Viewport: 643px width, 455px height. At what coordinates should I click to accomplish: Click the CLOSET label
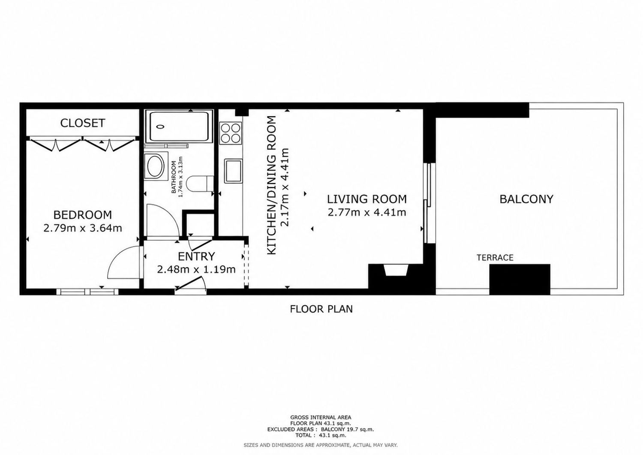pos(83,123)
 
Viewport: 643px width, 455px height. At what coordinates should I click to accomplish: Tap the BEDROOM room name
pos(83,215)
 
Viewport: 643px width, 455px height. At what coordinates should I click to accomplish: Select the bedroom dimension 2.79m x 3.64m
pos(83,229)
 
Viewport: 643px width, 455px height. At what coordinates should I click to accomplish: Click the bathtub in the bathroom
pos(179,127)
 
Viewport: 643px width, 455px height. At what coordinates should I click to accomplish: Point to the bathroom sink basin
pos(156,166)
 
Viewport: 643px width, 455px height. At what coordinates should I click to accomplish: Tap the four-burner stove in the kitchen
pos(231,133)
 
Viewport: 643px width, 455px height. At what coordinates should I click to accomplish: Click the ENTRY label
pos(196,256)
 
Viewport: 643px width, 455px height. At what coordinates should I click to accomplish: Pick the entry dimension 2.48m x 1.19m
pos(196,269)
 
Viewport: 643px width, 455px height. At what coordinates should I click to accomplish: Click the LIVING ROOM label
pos(367,199)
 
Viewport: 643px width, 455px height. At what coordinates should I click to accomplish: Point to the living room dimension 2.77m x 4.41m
pos(367,213)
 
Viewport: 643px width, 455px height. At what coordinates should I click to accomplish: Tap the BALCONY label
pos(526,199)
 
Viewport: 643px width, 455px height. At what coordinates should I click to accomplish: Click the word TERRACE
pos(495,258)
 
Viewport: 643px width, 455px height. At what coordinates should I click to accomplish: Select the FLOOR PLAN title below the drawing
pos(321,309)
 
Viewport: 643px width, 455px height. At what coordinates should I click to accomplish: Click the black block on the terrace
pos(520,280)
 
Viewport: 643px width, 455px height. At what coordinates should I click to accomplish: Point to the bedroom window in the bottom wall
pos(87,292)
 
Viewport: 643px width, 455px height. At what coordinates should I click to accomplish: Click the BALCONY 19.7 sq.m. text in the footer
pos(347,437)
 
